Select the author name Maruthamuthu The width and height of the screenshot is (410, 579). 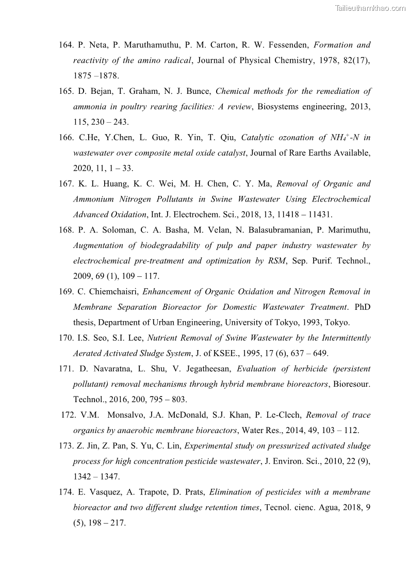(141, 45)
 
